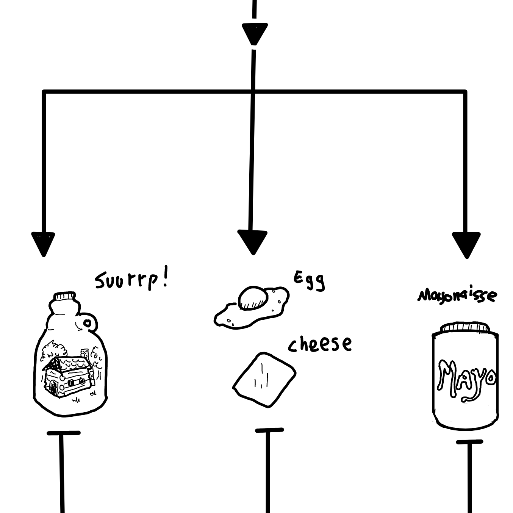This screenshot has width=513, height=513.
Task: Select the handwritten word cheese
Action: pos(320,344)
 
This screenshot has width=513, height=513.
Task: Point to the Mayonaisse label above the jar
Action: pos(457,296)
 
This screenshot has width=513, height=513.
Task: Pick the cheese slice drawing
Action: pos(264,379)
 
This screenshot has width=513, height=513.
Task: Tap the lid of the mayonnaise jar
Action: pos(466,328)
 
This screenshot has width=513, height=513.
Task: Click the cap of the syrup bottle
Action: pos(65,296)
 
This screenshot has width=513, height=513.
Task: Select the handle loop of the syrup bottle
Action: pos(89,323)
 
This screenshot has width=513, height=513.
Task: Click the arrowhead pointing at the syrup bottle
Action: pos(44,244)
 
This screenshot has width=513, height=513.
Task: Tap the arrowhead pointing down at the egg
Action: pos(252,242)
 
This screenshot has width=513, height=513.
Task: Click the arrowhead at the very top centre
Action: pos(255,34)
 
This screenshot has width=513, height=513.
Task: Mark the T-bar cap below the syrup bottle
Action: pos(64,433)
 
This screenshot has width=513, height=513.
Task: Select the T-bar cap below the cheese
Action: pos(269,430)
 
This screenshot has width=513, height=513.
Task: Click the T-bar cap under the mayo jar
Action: pos(469,442)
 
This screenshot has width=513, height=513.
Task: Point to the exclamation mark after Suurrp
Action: pos(165,278)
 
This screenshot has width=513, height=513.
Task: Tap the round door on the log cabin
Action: pos(53,386)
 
